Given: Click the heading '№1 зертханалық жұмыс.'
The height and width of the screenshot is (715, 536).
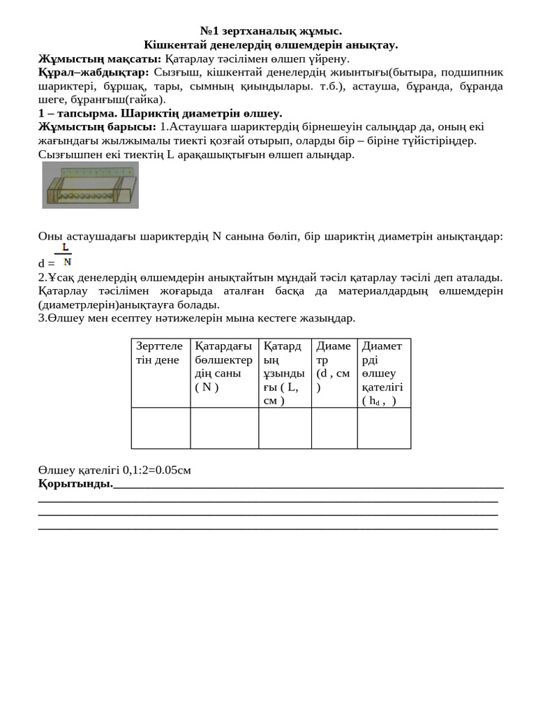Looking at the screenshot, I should point(271,31).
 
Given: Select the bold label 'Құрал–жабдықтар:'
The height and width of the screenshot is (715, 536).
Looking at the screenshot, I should point(94,72).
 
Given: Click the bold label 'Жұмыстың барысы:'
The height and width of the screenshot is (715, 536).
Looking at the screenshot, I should point(97,126).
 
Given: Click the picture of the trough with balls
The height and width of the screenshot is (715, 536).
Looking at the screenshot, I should point(90,185).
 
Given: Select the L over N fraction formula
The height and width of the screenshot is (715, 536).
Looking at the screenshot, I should point(65,255).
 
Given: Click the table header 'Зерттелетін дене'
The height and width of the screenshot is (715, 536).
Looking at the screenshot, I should point(160,353).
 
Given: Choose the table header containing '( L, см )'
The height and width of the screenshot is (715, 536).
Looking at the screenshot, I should point(283,372).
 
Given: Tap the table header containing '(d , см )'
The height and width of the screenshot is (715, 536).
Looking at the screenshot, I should point(334,367).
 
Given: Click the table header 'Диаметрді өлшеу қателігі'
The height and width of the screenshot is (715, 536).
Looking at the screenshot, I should point(383,372).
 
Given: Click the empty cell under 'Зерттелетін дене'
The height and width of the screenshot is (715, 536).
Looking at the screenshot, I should point(161,427).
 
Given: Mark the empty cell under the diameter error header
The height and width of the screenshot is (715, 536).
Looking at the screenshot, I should point(383,427).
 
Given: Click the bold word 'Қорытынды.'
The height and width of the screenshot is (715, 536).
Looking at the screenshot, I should point(75,483).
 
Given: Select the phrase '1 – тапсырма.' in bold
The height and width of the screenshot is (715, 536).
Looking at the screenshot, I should point(77,113).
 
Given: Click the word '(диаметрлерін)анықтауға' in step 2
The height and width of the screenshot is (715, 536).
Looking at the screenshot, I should point(128,304).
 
